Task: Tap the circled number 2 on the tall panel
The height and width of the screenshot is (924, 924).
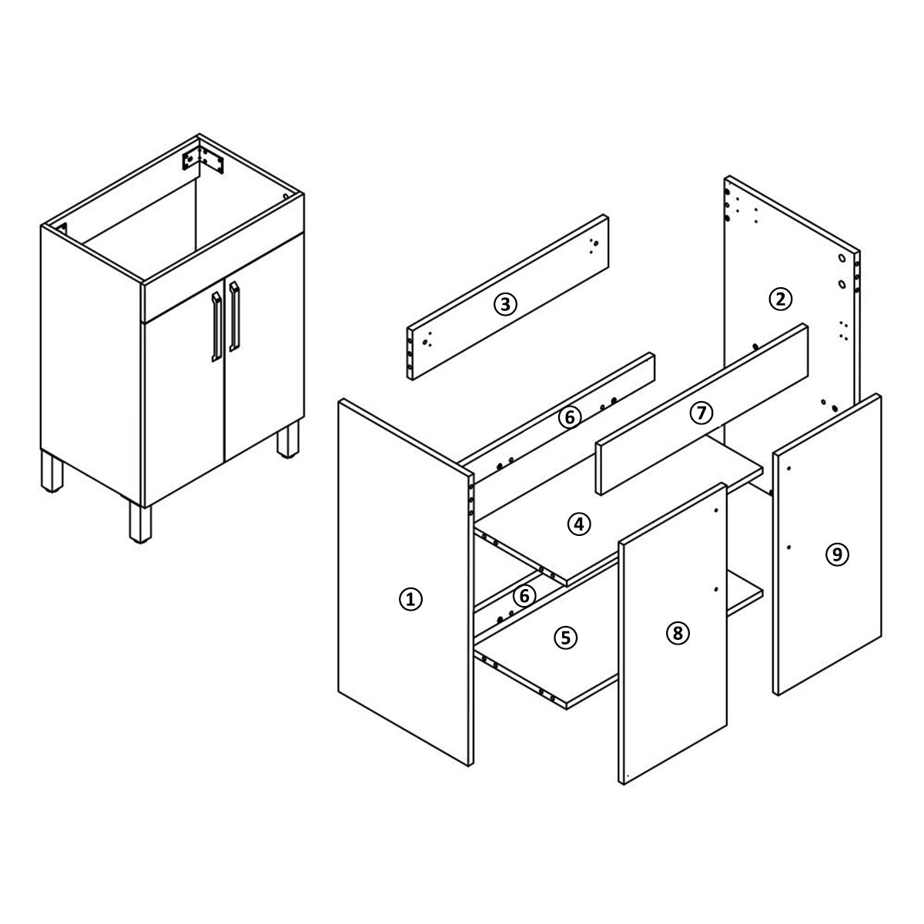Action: tap(780, 300)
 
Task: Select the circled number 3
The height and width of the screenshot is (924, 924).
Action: tap(505, 304)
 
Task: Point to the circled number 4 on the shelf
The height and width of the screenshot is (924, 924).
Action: tap(579, 524)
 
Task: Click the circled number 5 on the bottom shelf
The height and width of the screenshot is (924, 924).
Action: tap(565, 638)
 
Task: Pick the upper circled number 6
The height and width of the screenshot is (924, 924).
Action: tap(569, 417)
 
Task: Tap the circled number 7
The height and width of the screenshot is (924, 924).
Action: tap(701, 413)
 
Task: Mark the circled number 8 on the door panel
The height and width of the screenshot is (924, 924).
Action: tap(678, 634)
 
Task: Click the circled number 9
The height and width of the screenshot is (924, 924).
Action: tap(837, 554)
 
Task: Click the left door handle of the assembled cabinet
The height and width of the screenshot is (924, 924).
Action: tap(216, 326)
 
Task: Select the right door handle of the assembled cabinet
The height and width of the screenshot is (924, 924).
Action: tap(234, 316)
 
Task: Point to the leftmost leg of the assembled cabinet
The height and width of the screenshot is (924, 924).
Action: tap(52, 471)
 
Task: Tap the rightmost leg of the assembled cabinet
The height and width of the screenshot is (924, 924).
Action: tap(288, 439)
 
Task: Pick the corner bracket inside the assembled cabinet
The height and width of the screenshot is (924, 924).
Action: tap(203, 159)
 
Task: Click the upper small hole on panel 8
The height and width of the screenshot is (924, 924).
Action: tap(716, 511)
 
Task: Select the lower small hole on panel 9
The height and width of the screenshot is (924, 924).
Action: tap(788, 547)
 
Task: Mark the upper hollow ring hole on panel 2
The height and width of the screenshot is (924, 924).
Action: tap(842, 258)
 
